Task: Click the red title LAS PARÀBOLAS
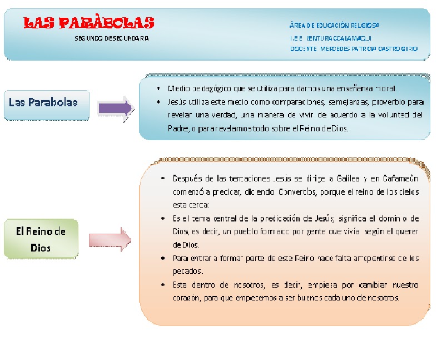point(90,23)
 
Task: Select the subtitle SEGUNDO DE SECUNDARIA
point(112,39)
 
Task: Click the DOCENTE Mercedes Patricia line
point(353,49)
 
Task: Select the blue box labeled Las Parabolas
point(47,104)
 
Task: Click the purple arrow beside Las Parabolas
point(116,108)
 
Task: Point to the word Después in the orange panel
point(187,179)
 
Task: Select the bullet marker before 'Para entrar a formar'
point(161,259)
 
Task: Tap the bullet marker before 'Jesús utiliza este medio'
point(160,102)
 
